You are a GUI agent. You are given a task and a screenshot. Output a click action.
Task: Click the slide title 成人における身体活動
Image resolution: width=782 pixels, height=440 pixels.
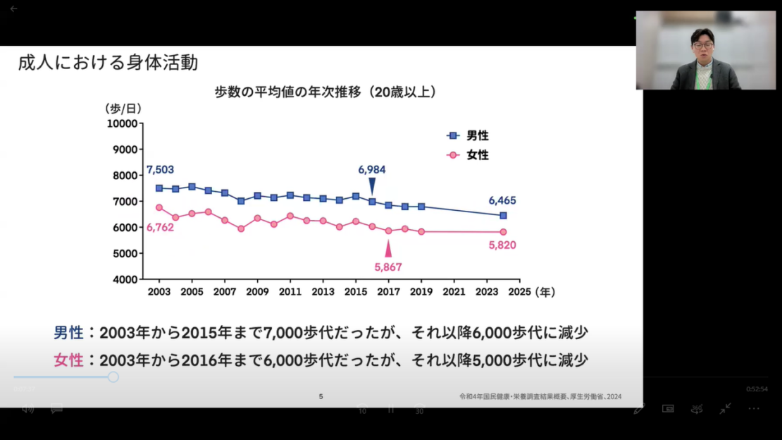tap(108, 63)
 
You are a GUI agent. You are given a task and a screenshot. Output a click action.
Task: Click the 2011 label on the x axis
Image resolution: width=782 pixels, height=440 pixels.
tap(290, 291)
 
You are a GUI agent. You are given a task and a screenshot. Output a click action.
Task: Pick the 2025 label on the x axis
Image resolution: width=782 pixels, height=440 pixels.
tap(519, 291)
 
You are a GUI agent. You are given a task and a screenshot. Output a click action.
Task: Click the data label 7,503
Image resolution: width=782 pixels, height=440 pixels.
tap(160, 170)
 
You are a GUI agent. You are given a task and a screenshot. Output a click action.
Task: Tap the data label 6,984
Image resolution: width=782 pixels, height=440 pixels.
tap(372, 170)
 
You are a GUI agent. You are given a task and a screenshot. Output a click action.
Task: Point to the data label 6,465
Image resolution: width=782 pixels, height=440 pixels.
tap(503, 200)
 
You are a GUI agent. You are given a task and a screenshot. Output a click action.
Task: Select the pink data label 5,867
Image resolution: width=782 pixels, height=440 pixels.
tap(388, 267)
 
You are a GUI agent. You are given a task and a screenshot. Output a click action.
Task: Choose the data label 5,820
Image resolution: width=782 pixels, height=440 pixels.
tap(503, 245)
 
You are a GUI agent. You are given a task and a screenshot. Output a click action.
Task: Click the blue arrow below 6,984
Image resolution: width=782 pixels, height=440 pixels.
tap(372, 185)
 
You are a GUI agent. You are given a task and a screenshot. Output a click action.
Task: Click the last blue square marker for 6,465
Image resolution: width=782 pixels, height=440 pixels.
tap(503, 216)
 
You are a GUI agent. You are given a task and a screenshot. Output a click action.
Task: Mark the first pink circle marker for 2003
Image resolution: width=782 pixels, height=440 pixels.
tap(159, 207)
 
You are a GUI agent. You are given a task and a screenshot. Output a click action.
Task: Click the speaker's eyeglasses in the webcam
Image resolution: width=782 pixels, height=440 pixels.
tap(702, 45)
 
